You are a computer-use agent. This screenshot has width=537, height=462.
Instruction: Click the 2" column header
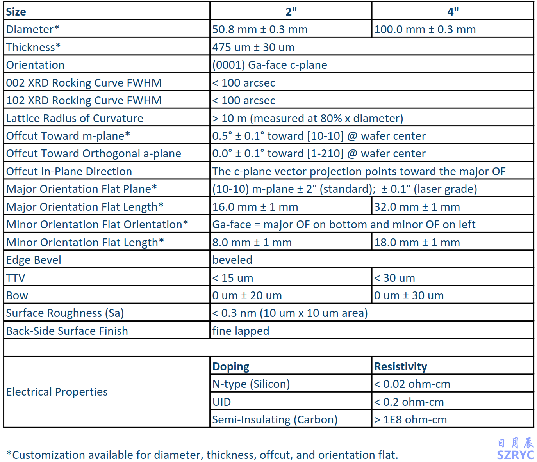click(291, 12)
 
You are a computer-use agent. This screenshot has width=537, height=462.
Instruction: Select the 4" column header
click(453, 12)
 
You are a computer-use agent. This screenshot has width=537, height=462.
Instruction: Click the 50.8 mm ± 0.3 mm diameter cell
click(260, 30)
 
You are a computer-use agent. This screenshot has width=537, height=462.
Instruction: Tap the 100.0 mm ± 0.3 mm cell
click(425, 30)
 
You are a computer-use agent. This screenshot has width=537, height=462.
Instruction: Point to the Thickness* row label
click(33, 47)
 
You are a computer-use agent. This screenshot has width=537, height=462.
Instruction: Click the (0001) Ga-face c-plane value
click(269, 65)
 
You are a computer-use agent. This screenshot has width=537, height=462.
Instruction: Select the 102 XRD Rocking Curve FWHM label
click(84, 100)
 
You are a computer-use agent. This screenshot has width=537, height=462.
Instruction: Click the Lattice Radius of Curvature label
click(75, 118)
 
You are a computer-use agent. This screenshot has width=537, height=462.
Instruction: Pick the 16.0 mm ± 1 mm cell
click(255, 207)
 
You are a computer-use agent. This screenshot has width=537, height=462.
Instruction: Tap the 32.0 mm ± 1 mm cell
click(417, 207)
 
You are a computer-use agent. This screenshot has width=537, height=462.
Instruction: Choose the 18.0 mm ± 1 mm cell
click(417, 242)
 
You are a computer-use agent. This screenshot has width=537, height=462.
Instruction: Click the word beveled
click(232, 260)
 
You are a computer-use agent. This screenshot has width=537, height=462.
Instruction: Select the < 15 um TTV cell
click(232, 278)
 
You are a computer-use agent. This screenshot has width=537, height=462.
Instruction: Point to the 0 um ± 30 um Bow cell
click(409, 295)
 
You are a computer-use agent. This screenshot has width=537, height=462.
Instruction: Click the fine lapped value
click(241, 331)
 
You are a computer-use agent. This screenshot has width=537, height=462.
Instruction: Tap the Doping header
click(230, 366)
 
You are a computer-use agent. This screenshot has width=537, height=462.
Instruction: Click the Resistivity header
click(400, 366)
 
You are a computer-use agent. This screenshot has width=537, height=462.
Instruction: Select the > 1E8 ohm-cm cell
click(410, 419)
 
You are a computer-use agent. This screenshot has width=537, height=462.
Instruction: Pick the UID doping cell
click(221, 402)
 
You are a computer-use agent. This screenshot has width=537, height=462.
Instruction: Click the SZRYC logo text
click(515, 455)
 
